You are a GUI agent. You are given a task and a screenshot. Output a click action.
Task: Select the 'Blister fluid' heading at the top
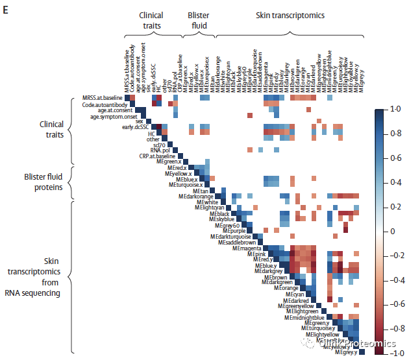pos(198,21)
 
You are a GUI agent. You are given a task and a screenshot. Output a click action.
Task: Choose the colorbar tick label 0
pos(391,232)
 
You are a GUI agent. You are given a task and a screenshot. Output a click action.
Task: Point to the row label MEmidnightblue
pos(308,317)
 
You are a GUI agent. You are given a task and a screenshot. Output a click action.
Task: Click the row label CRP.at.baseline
pos(156,156)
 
